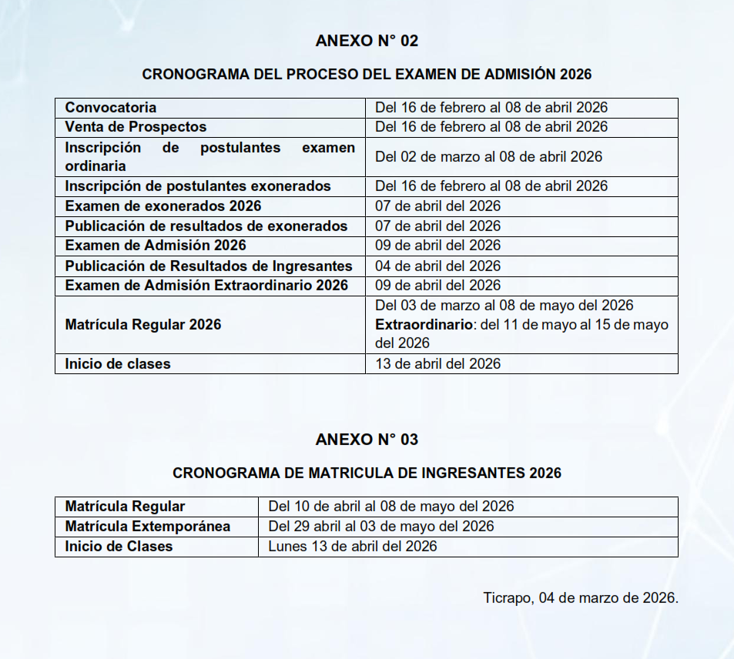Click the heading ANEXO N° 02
367,41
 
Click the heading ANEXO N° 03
367,440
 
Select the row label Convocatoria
111,108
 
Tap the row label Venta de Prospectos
136,127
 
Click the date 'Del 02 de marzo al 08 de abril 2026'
488,157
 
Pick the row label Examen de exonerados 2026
163,206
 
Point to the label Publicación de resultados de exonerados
206,226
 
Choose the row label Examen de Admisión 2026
156,246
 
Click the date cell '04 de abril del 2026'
437,266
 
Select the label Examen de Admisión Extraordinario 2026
206,286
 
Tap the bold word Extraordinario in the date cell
424,325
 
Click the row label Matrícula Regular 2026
143,325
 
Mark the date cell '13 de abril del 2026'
437,364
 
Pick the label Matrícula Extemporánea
148,527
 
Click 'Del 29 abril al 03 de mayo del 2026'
381,527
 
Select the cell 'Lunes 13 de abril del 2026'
353,547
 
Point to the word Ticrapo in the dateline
506,597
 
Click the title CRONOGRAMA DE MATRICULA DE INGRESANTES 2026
367,473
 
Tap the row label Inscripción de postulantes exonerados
198,186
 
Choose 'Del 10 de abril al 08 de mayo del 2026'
391,507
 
